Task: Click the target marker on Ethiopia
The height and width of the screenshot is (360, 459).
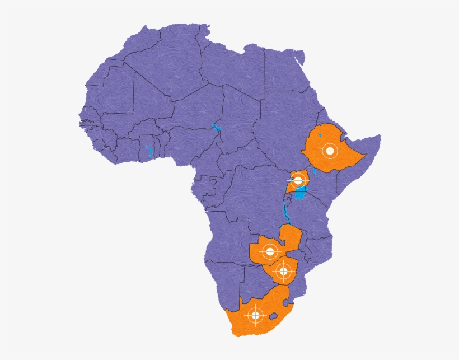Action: [x=330, y=150]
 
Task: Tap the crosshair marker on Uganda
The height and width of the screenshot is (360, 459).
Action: [x=298, y=180]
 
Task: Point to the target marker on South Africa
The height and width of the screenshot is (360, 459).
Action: [x=256, y=315]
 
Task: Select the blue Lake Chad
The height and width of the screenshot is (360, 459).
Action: [x=216, y=127]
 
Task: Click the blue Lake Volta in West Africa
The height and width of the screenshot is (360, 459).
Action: [x=149, y=151]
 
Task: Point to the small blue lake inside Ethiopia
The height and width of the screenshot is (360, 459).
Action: [x=320, y=135]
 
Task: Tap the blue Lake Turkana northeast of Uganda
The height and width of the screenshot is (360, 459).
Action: [x=315, y=172]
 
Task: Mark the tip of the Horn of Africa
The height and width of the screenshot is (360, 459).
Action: [x=379, y=137]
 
